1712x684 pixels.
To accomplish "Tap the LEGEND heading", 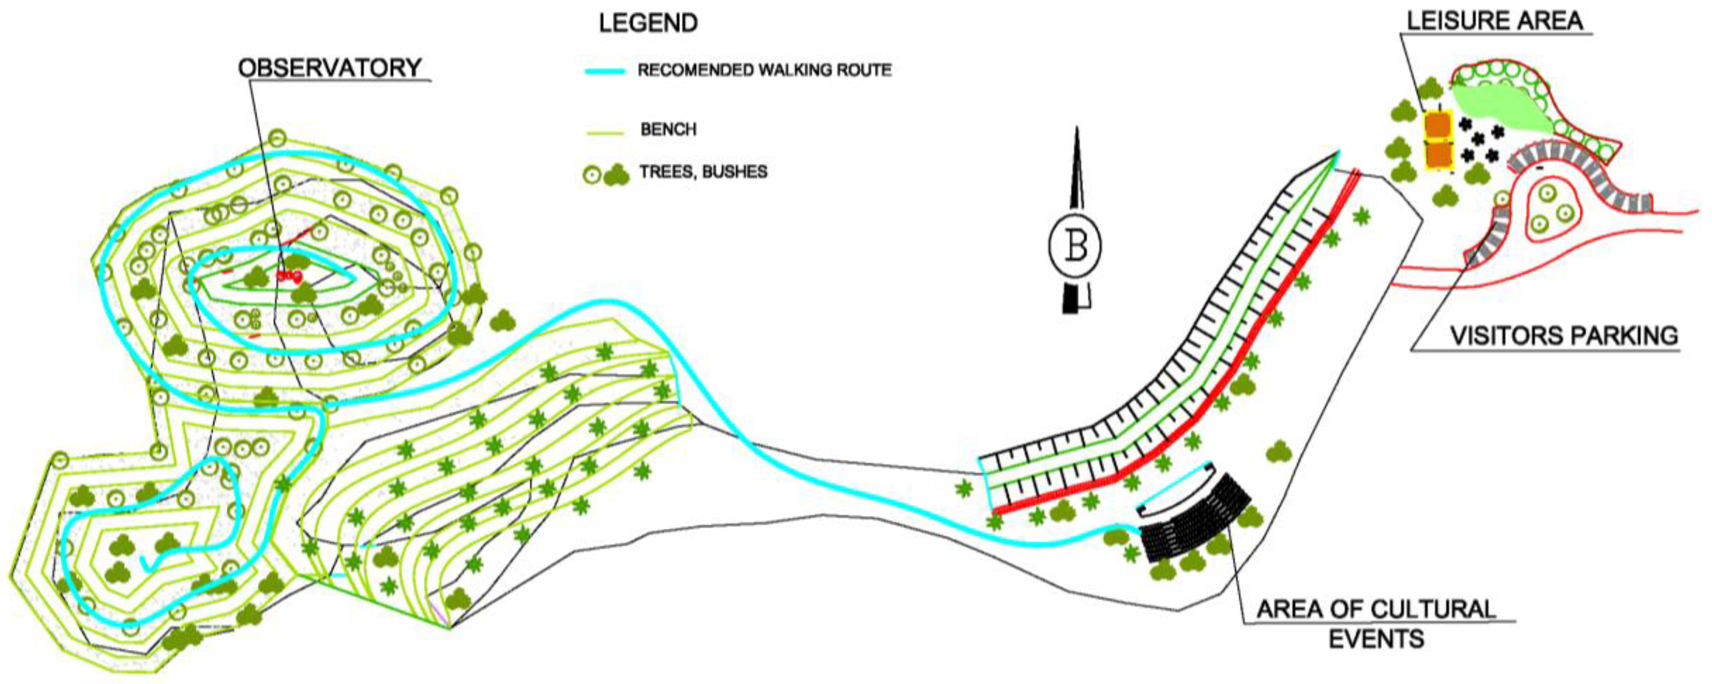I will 648,23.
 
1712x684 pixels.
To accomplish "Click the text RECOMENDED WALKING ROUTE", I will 764,70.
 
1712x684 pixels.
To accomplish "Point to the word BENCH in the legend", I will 668,129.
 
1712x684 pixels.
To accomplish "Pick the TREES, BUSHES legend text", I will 703,172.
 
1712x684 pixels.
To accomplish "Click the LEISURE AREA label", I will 1495,21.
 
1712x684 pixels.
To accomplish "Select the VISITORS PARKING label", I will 1564,336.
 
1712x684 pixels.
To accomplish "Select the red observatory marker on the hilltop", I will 289,275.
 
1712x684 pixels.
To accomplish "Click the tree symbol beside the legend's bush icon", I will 591,175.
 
